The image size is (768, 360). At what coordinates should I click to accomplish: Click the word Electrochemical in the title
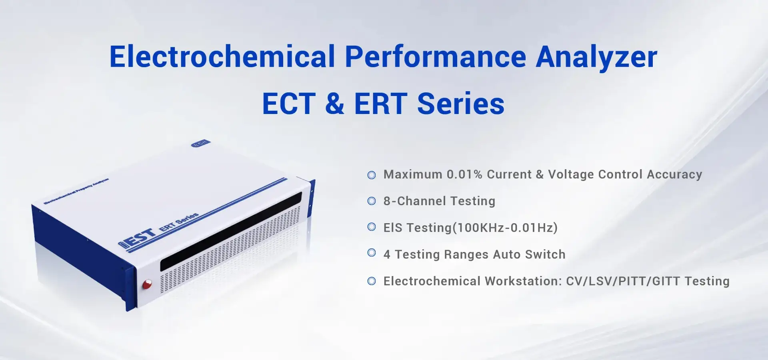222,56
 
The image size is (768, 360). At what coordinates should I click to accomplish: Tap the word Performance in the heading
436,56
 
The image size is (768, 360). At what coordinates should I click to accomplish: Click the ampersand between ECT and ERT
335,104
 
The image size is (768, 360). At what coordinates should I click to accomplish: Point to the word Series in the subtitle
461,104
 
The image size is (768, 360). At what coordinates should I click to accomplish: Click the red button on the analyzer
147,284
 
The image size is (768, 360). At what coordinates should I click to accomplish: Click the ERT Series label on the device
179,222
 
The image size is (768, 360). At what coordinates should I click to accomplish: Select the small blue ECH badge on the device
200,143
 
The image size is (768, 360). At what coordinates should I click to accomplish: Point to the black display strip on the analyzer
231,231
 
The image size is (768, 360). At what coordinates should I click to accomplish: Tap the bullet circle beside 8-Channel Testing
372,201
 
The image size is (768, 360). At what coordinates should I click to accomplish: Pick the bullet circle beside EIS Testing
372,227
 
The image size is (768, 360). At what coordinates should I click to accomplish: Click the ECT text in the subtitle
289,104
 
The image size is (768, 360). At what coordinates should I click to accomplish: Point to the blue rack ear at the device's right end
312,199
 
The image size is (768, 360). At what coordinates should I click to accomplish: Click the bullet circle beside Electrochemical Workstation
372,281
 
